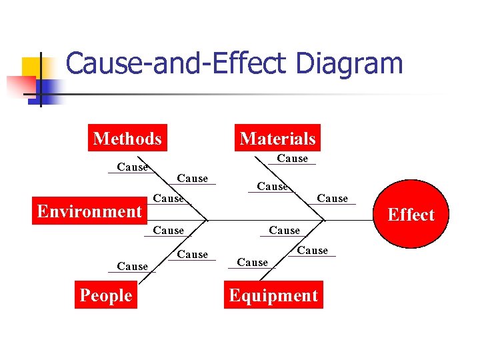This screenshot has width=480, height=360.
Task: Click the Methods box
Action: pos(127,139)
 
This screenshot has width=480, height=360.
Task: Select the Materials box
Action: pos(277,139)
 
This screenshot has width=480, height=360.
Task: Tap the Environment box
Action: pos(89,211)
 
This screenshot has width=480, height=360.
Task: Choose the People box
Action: pos(105,295)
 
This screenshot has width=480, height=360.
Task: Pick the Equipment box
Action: pos(273,295)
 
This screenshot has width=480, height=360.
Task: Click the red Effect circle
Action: pos(410,214)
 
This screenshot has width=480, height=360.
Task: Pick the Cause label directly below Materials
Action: pos(292,159)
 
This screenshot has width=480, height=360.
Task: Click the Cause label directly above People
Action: pos(132,267)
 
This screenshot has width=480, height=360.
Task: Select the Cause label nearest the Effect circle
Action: pos(332,199)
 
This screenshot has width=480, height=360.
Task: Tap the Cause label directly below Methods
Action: pos(132,167)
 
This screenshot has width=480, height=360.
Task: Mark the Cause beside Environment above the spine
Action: pos(168,199)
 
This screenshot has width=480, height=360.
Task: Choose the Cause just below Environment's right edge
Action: pos(168,231)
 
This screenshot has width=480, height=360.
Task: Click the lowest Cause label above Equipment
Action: pos(252,263)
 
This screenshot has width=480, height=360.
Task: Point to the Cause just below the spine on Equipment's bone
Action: pos(284,231)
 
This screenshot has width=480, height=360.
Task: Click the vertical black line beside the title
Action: pos(41,79)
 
